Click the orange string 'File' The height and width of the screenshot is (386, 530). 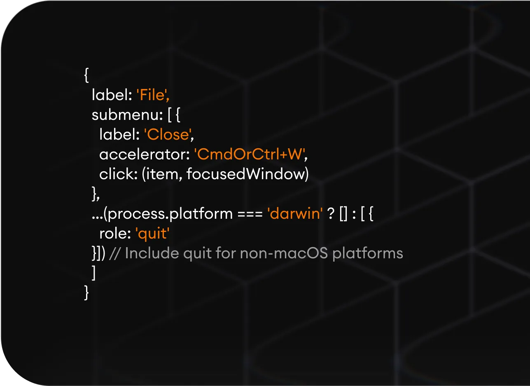(x=153, y=96)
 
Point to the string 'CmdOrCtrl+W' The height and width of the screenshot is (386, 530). (x=250, y=155)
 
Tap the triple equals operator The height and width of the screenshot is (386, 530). (x=250, y=214)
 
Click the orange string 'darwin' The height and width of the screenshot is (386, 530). (x=295, y=214)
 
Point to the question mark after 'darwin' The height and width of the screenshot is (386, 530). (x=330, y=214)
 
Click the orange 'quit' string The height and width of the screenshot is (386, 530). (x=152, y=234)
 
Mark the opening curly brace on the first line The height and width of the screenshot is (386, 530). (x=86, y=76)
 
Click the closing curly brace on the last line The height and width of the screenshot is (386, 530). (x=86, y=292)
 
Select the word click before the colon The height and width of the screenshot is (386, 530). (x=116, y=175)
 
